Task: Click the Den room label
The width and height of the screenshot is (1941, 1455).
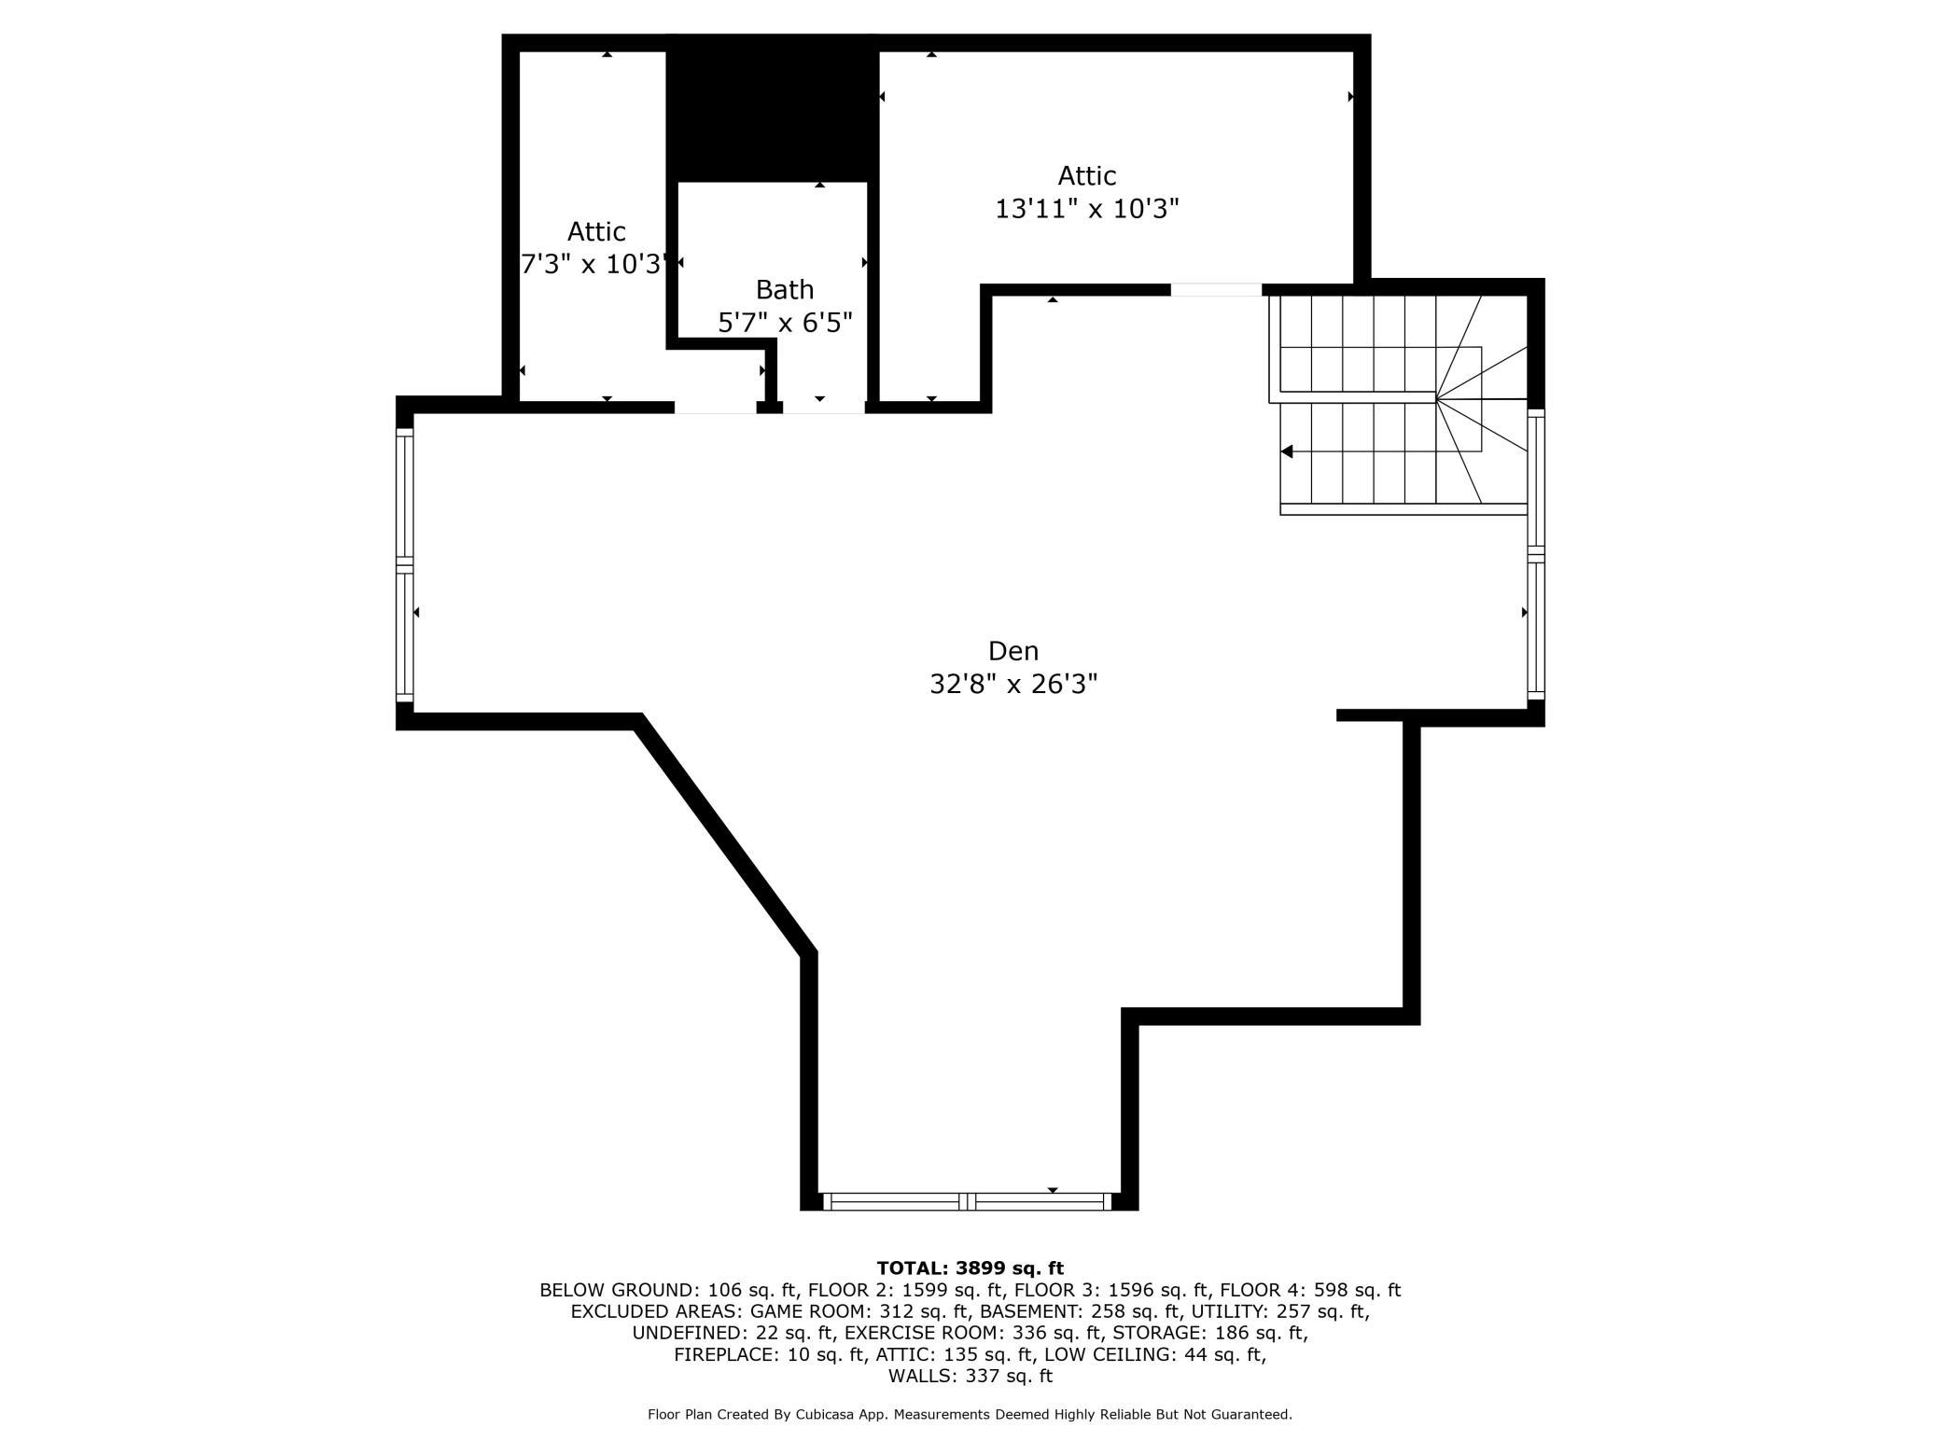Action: point(1012,650)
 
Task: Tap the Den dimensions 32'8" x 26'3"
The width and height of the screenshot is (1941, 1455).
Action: point(1013,685)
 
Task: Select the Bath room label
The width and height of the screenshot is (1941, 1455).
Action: point(785,289)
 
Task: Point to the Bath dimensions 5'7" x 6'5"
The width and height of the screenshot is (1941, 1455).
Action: point(785,323)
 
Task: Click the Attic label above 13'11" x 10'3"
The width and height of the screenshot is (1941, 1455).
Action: point(1087,175)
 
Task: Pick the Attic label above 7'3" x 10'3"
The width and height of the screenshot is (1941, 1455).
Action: point(596,231)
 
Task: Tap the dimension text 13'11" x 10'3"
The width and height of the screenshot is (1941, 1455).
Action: point(1087,209)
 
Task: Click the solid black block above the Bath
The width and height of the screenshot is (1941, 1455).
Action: point(773,109)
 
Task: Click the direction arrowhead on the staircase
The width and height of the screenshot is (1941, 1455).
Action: point(1286,451)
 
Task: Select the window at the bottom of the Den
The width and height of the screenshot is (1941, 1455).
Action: point(968,1201)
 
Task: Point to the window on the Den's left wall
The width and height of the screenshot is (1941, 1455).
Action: point(405,564)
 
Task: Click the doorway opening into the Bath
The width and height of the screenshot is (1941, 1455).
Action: point(824,407)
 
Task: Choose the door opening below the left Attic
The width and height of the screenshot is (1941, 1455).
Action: point(715,407)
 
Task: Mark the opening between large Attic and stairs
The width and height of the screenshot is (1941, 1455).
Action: point(1216,289)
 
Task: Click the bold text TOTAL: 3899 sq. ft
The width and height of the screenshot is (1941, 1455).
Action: point(970,1268)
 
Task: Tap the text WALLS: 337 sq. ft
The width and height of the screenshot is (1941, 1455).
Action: point(970,1376)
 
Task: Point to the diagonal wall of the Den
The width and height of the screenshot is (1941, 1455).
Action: point(724,836)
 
